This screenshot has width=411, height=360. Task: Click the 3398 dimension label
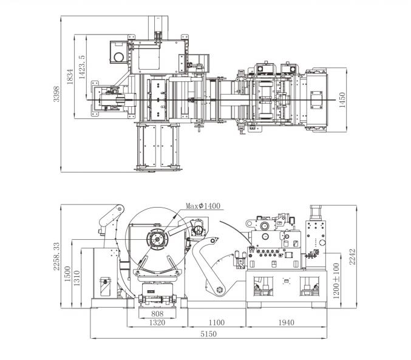point(56,94)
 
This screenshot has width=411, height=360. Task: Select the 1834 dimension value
point(70,76)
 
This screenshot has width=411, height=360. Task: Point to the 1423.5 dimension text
point(82,67)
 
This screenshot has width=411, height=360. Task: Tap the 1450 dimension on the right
point(342,100)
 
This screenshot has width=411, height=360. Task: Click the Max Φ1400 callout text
point(203,206)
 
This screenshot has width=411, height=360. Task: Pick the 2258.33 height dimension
point(56,256)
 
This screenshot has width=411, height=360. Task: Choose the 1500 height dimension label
point(67,274)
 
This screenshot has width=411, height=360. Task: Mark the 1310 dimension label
point(76,278)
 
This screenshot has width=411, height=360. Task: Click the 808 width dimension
point(157,314)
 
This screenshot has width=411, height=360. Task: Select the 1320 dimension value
point(157,322)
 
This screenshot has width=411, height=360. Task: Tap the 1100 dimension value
point(217,322)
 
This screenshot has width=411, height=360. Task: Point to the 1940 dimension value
point(286,322)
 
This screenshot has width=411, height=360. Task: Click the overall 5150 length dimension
point(209,334)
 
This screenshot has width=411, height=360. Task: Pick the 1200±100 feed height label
point(336,281)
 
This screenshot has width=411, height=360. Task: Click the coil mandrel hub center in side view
point(157,239)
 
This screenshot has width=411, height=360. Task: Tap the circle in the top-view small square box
point(118,57)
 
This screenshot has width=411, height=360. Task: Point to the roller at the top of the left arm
point(120,209)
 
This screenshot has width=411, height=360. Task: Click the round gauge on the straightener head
point(265,226)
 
